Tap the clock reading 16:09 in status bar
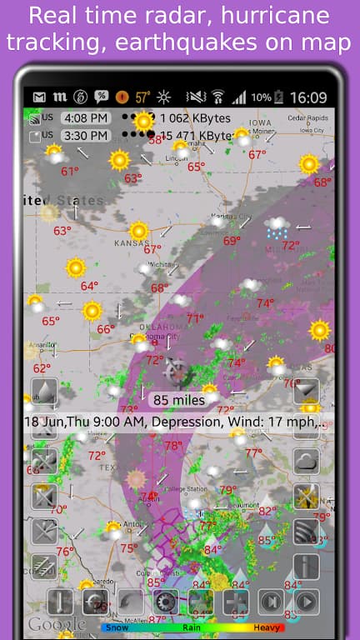pos(308,97)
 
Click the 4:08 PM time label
pos(86,117)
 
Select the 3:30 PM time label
pos(86,135)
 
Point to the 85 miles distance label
pos(178,400)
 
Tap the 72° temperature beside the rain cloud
pos(290,246)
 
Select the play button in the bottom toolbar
pos(306,601)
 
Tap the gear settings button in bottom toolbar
pos(165,602)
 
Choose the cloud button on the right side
pos(306,462)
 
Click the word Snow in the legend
pos(115,626)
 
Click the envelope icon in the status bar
pos(38,97)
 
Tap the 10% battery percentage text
pos(261,97)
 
